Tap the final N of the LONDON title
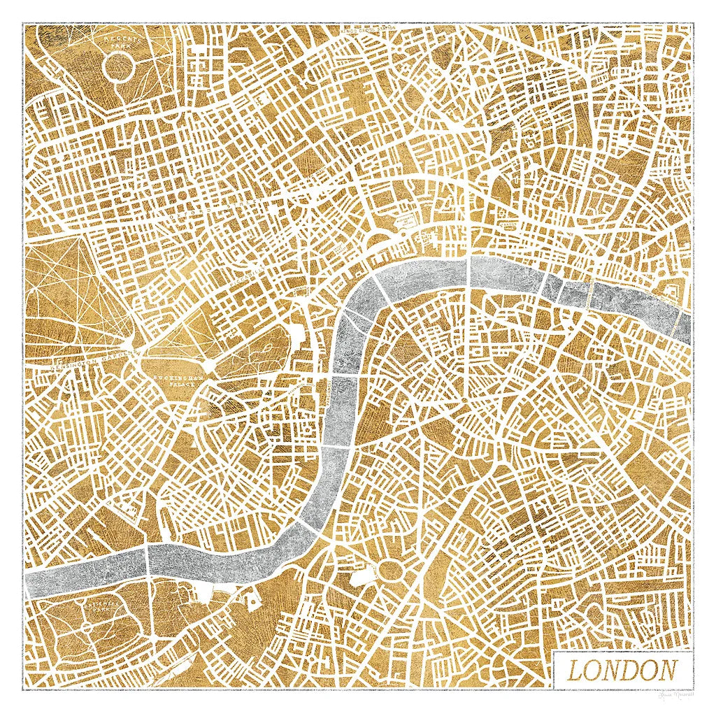click(667, 671)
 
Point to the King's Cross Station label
click(357, 30)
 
